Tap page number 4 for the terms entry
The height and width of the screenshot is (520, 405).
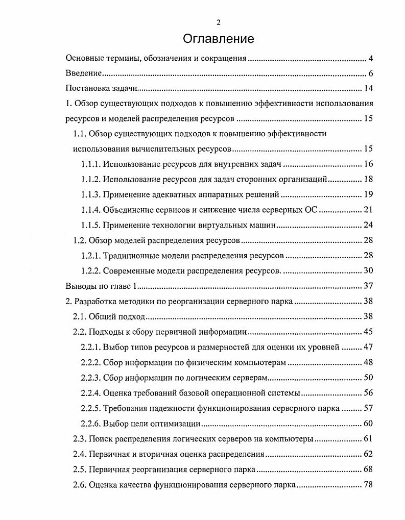point(371,59)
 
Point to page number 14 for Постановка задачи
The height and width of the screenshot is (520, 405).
point(369,89)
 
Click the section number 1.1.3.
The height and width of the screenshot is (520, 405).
point(91,194)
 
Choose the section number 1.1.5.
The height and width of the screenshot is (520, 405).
point(91,225)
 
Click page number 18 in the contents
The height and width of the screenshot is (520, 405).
point(369,179)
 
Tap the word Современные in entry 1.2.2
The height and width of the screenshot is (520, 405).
point(127,270)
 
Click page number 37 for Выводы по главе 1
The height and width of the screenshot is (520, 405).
point(369,286)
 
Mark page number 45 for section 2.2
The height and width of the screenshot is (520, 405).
point(369,332)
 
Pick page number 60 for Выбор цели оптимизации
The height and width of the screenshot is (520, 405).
point(369,423)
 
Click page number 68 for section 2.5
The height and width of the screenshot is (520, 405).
point(369,469)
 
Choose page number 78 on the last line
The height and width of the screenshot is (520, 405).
point(369,484)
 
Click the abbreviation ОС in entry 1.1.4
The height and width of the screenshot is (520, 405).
point(311,210)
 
